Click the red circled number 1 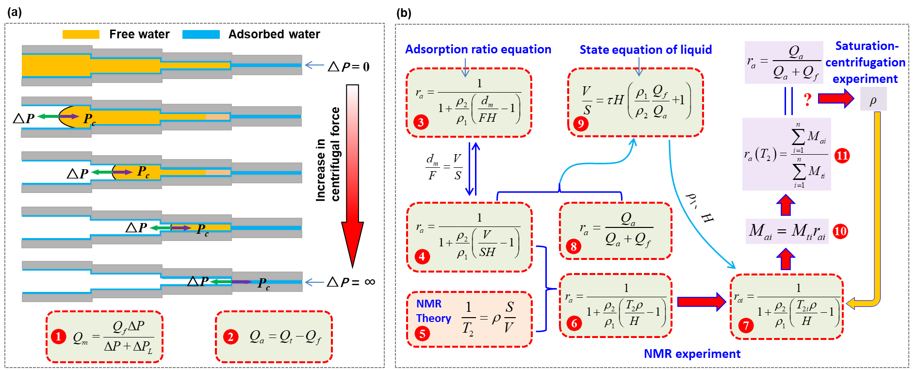(x=58, y=337)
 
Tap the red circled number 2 (x=230, y=337)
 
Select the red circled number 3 (x=421, y=122)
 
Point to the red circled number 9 (x=580, y=124)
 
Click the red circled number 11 (x=842, y=156)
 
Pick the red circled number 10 (x=840, y=231)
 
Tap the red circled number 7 (x=746, y=325)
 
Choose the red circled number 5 (x=422, y=334)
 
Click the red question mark (x=807, y=99)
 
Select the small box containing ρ (x=873, y=99)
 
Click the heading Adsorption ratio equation (x=478, y=49)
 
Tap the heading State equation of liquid (x=645, y=49)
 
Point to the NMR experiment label (x=692, y=354)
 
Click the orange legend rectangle (x=81, y=34)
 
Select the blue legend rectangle (x=201, y=34)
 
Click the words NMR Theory (x=433, y=311)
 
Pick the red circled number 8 (x=574, y=246)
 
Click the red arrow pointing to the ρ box (x=836, y=99)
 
